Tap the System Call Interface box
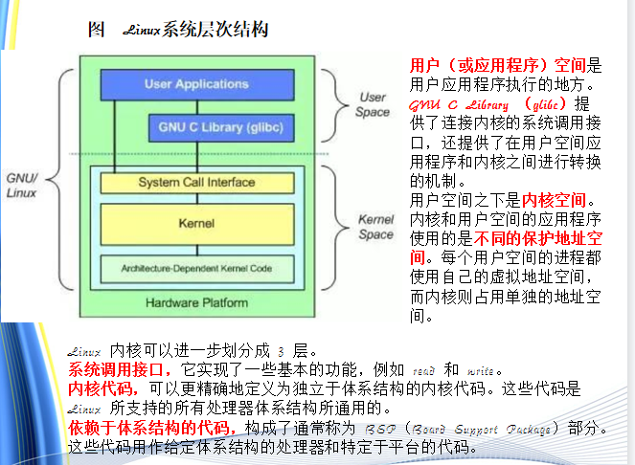point(195,182)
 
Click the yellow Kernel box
point(195,223)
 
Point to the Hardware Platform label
point(197,303)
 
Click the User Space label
point(373,105)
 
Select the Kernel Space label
point(375,227)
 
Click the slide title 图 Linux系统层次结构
point(177,31)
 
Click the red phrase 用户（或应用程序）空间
point(498,65)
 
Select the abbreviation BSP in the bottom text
point(377,428)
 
